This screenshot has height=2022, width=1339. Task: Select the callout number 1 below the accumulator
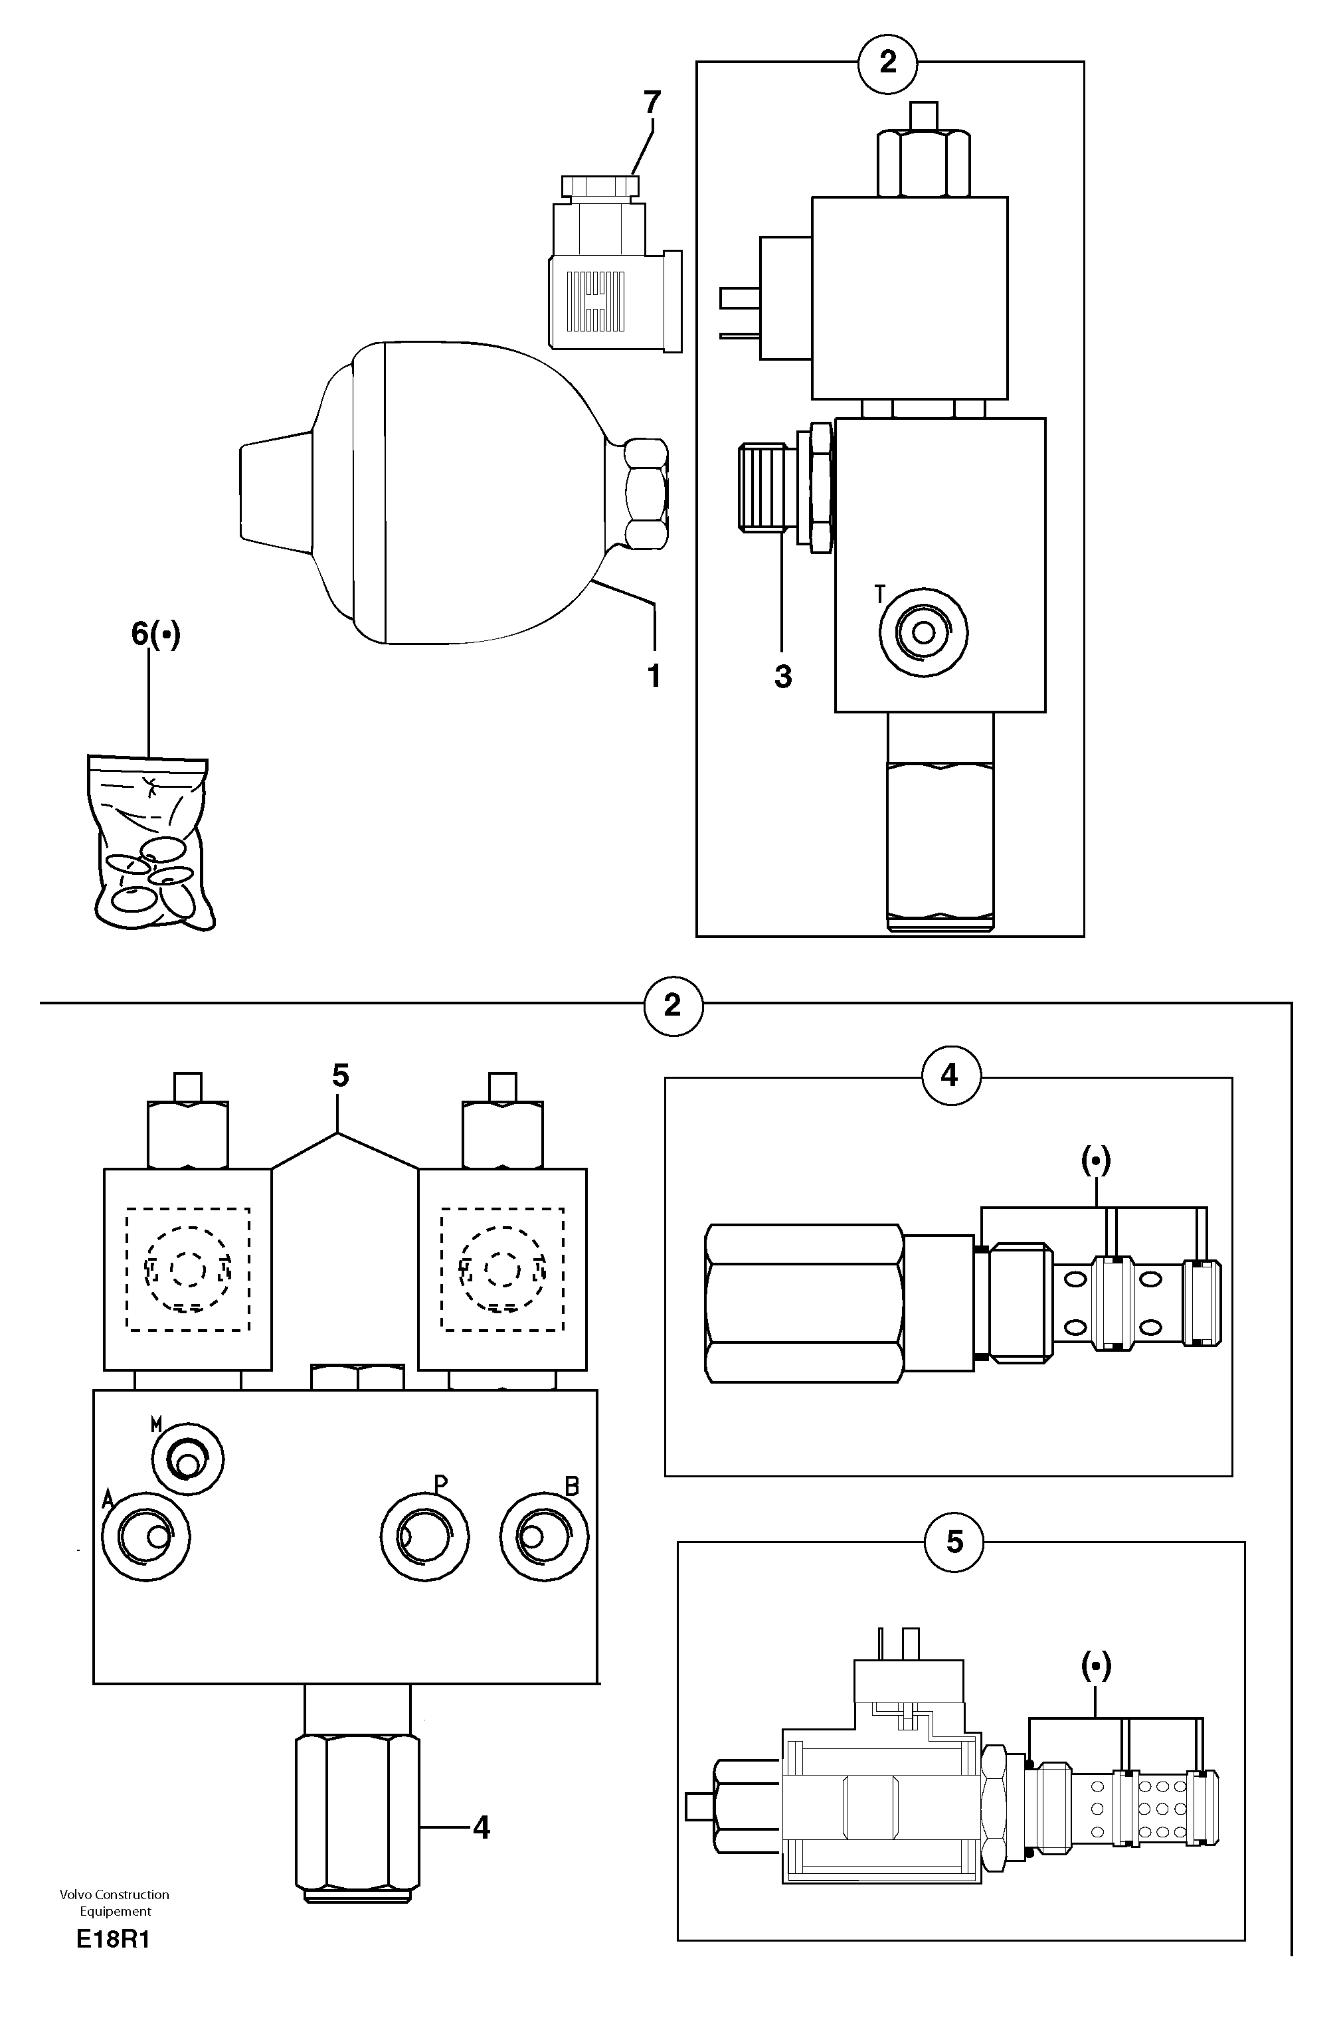(654, 676)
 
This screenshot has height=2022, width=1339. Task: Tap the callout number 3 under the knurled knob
(783, 676)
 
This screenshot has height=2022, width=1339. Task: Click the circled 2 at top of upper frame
(888, 62)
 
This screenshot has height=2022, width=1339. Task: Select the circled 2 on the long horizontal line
(673, 1006)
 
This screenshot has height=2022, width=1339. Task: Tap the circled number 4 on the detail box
(950, 1076)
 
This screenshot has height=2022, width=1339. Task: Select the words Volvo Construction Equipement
(114, 1902)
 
